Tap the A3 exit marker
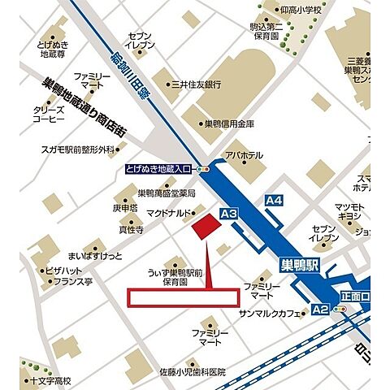click(227, 214)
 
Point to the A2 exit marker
click(321, 309)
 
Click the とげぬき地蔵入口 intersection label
click(160, 168)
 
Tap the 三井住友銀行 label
click(197, 84)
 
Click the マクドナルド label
click(168, 213)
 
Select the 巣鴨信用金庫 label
click(229, 123)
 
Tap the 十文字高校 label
click(49, 380)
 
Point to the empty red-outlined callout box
click(184, 297)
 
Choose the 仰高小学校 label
click(293, 10)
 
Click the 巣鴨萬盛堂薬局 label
click(166, 193)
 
